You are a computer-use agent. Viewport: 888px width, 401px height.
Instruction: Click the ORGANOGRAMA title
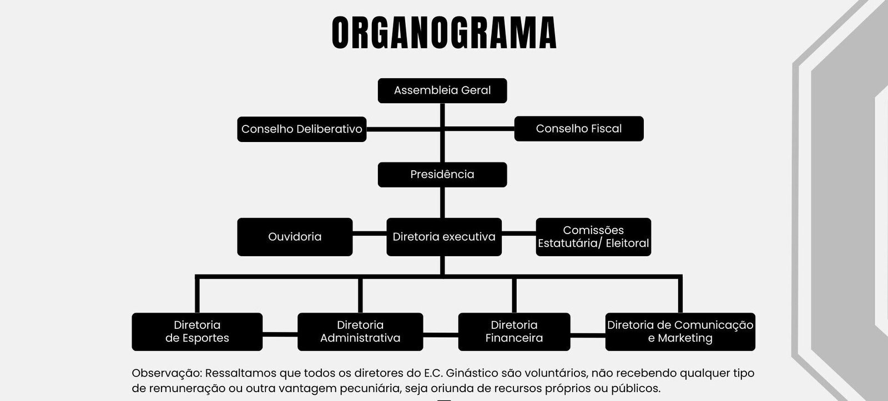click(x=444, y=33)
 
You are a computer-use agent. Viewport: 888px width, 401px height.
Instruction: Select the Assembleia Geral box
click(x=442, y=90)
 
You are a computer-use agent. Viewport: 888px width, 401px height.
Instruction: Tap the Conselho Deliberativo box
click(x=301, y=129)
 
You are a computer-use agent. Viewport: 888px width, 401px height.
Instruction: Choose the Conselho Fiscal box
click(x=579, y=129)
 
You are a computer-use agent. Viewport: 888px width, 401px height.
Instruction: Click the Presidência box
click(x=442, y=174)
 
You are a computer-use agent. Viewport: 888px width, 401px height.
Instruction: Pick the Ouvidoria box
click(x=295, y=237)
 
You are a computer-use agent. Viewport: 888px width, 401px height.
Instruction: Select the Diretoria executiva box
click(x=444, y=237)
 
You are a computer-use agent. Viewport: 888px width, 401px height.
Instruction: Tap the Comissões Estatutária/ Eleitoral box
click(x=593, y=237)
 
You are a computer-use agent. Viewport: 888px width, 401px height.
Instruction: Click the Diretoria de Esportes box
click(x=197, y=332)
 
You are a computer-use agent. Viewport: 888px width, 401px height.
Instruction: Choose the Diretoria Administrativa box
click(x=360, y=332)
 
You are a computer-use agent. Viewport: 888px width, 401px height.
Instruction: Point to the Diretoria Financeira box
click(x=514, y=332)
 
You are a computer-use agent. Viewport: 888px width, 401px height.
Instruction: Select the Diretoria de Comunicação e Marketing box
click(x=680, y=332)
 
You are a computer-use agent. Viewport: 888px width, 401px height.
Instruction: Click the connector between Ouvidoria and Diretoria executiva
click(x=370, y=233)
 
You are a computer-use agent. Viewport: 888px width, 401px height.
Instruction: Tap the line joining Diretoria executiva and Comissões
click(x=519, y=233)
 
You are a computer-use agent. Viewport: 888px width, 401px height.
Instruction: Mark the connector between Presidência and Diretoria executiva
click(x=442, y=202)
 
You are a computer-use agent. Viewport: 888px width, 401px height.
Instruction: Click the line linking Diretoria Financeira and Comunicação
click(x=588, y=335)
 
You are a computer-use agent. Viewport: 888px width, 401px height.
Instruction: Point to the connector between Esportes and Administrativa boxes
click(x=280, y=335)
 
